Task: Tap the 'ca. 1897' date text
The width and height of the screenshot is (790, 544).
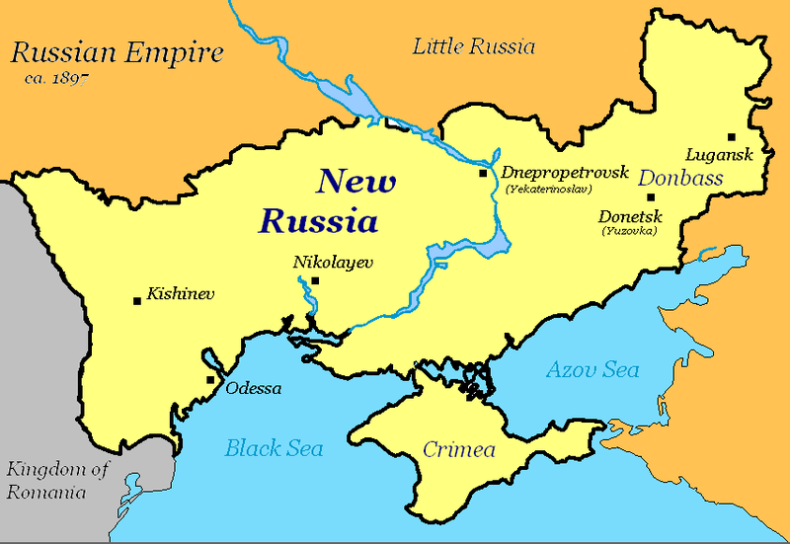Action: (51, 76)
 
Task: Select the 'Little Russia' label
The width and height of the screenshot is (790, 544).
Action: (473, 45)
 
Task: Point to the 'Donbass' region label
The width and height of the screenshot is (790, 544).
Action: (680, 179)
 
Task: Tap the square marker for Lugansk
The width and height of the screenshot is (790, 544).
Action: (731, 137)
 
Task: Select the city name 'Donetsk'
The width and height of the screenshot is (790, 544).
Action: (628, 216)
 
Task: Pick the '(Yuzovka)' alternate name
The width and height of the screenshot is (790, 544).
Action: (628, 231)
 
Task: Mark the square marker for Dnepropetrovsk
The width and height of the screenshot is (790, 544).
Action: (483, 173)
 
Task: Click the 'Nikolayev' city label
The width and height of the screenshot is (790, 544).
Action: (322, 263)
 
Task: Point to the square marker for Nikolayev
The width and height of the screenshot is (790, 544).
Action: (314, 280)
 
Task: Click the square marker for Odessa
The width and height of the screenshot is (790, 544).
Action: (209, 379)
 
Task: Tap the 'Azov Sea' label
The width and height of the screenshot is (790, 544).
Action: (592, 370)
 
